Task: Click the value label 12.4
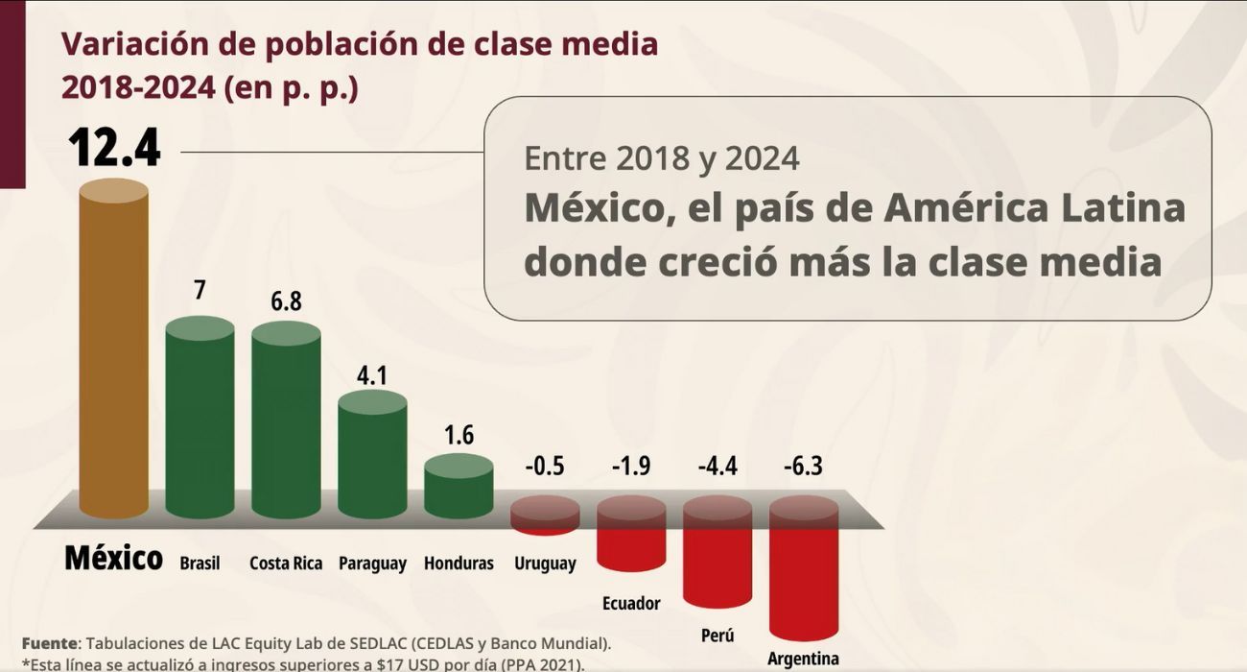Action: point(114,150)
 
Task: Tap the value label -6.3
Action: point(804,467)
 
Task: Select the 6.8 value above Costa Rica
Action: point(286,301)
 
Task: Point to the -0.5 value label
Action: point(544,467)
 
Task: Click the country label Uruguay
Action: point(545,564)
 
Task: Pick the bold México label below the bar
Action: point(113,558)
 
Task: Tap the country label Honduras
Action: point(459,564)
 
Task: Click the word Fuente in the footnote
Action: point(49,642)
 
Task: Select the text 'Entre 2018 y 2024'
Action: point(662,157)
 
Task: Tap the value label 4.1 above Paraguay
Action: point(371,375)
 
